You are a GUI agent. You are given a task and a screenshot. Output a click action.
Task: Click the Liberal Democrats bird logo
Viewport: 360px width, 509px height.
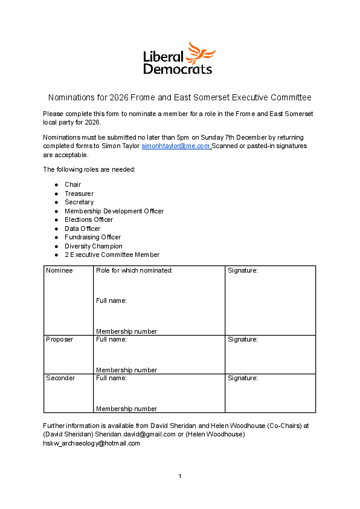pos(202,53)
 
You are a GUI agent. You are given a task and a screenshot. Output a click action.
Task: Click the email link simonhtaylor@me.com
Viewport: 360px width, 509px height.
pos(176,146)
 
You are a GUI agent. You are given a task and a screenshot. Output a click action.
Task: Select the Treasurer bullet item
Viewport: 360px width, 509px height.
pos(79,193)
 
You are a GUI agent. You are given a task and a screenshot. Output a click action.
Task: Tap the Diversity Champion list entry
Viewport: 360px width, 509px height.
pos(94,246)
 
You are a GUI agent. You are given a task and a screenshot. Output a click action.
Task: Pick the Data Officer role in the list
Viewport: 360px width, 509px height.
pos(83,229)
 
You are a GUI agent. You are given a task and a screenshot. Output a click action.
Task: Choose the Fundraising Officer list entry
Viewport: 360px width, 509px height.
pos(93,238)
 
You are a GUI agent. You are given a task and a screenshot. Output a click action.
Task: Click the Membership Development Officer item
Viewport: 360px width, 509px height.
pos(114,211)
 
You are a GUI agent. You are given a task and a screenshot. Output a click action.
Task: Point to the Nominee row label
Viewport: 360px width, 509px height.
pos(59,270)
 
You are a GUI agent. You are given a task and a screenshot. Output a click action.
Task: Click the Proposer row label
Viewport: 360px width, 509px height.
pos(59,339)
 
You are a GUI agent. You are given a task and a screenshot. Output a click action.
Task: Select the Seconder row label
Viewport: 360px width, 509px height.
pos(60,378)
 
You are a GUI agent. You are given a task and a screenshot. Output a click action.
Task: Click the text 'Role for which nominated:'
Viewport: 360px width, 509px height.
pos(134,270)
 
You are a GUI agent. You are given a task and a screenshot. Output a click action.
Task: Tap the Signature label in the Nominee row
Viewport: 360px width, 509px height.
pos(243,270)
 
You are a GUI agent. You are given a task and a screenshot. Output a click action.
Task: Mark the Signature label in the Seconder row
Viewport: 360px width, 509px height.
pos(243,378)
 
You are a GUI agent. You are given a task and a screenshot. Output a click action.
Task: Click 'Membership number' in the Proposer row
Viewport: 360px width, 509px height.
pos(126,370)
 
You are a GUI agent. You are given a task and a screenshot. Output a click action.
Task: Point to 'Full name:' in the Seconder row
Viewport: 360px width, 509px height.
pos(111,378)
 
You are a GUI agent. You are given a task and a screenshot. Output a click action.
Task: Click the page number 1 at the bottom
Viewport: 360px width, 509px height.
pos(180,476)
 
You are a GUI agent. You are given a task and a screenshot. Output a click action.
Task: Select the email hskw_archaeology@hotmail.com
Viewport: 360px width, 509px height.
pos(91,443)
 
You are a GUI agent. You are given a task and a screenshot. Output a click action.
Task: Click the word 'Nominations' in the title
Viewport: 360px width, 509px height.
pos(69,97)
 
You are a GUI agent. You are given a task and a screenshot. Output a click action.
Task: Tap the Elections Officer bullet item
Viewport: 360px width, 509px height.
pos(89,220)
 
